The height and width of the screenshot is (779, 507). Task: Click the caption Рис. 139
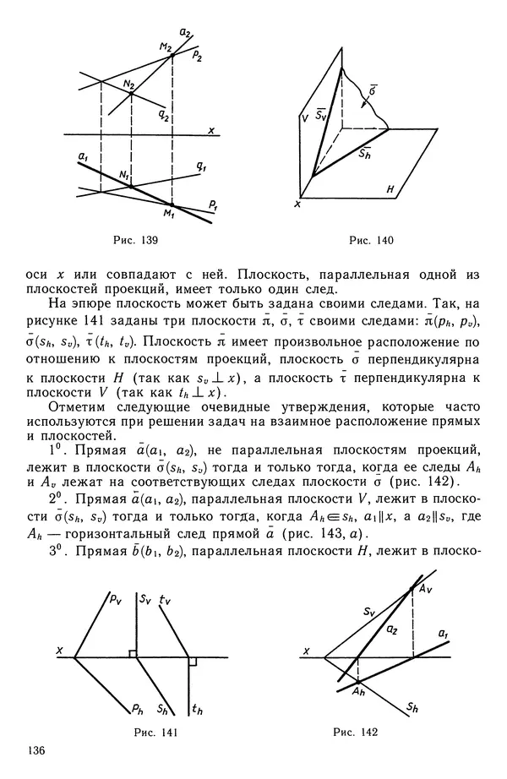pyautogui.click(x=136, y=241)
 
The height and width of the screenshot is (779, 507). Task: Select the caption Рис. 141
pyautogui.click(x=154, y=730)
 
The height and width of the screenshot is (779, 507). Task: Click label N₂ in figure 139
pyautogui.click(x=128, y=84)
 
